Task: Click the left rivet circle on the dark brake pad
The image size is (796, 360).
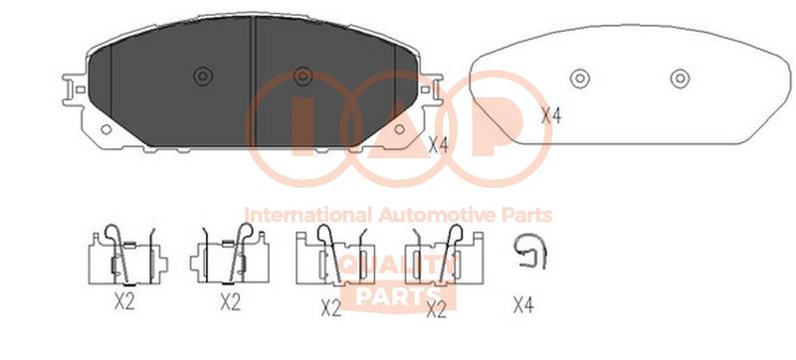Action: point(203,77)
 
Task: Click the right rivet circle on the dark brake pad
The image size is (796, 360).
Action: point(302,77)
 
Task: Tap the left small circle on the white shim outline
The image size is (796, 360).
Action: point(580,79)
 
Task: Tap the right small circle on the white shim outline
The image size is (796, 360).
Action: point(680,79)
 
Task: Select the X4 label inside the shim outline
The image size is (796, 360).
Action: point(551,116)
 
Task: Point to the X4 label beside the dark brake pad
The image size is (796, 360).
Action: point(439,145)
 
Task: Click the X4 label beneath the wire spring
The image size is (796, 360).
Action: point(523,305)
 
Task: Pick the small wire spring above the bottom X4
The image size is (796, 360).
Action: point(529,250)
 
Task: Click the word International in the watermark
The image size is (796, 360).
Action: point(308,215)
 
